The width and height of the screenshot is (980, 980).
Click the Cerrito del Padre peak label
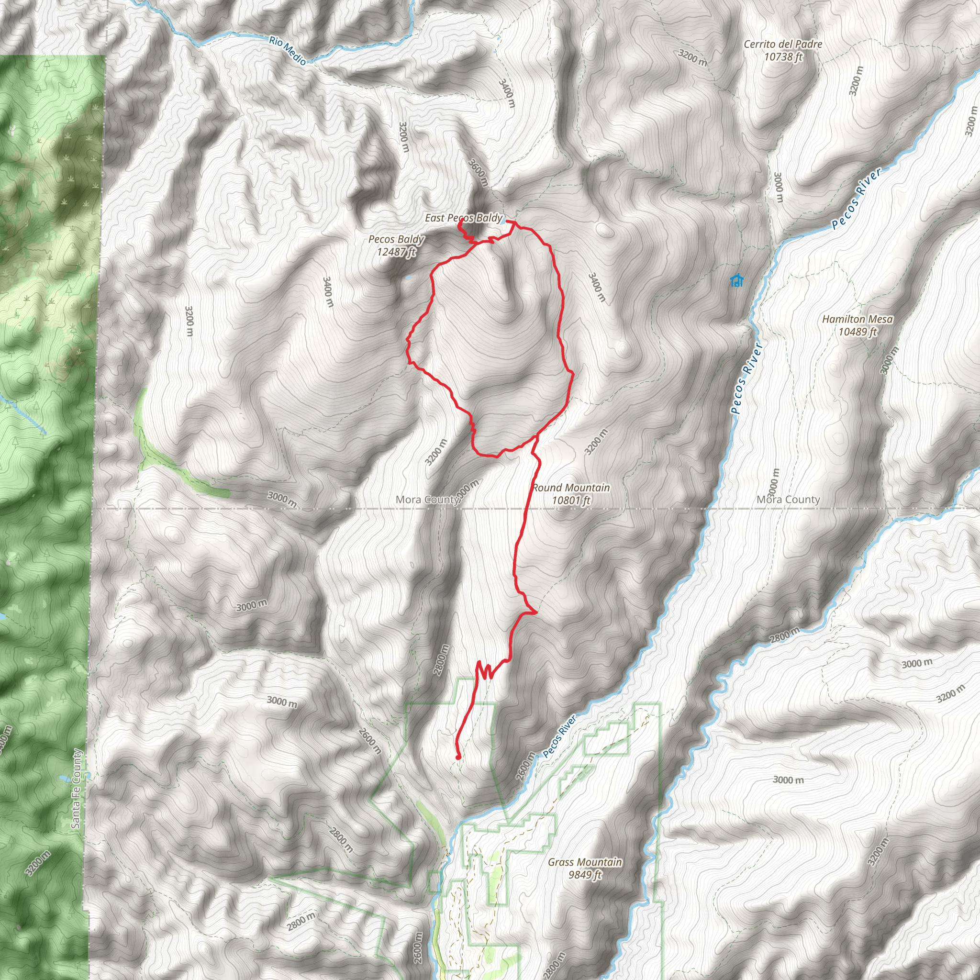tap(783, 45)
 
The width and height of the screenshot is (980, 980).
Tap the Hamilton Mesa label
tap(857, 319)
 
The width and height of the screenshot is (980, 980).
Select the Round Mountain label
tap(571, 488)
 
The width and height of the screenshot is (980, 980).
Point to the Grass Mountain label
tap(585, 862)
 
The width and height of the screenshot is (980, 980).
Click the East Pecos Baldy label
tap(463, 218)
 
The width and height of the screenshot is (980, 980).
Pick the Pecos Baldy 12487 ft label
tap(396, 245)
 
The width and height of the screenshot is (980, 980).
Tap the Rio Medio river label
tap(288, 50)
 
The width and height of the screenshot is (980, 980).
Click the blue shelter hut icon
tap(736, 280)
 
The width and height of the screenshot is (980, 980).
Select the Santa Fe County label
tap(76, 789)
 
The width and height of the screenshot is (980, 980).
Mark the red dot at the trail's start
tap(458, 757)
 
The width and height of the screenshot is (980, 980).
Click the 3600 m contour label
tap(479, 172)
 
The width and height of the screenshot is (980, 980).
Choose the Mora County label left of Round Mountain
tap(427, 500)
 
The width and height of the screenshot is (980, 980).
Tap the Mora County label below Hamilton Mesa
tap(788, 500)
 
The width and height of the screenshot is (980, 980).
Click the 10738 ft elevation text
tap(783, 57)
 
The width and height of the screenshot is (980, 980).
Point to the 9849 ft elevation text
tap(585, 875)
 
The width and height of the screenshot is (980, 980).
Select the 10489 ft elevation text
tap(857, 332)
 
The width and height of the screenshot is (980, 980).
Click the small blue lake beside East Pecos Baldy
tap(501, 220)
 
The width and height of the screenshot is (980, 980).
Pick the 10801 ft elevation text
tap(571, 500)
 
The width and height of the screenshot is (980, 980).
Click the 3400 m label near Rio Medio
tap(507, 93)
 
